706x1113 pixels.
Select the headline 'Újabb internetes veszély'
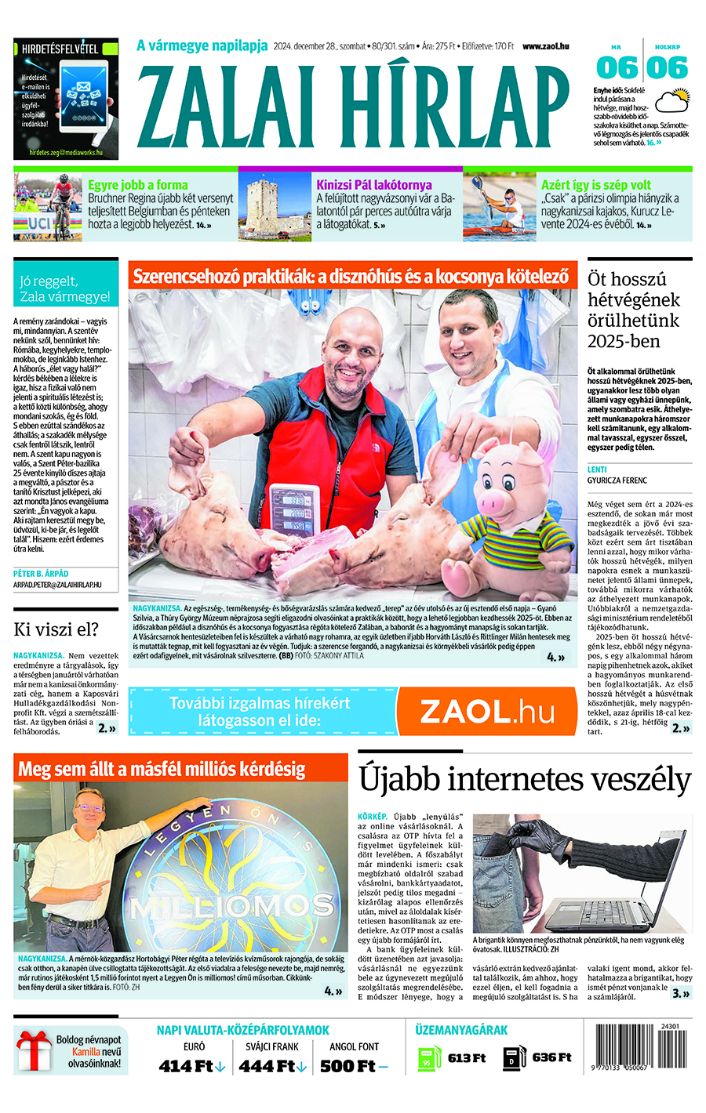(525, 780)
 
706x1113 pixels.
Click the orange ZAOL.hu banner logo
(486, 711)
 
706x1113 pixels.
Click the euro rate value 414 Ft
(187, 1066)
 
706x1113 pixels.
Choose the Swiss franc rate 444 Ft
(267, 1066)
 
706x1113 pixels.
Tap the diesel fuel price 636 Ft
(551, 1057)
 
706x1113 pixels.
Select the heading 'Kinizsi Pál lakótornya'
(373, 185)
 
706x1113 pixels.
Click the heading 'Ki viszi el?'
(56, 629)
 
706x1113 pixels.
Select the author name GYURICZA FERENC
(617, 480)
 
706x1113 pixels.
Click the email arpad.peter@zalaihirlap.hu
(57, 585)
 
